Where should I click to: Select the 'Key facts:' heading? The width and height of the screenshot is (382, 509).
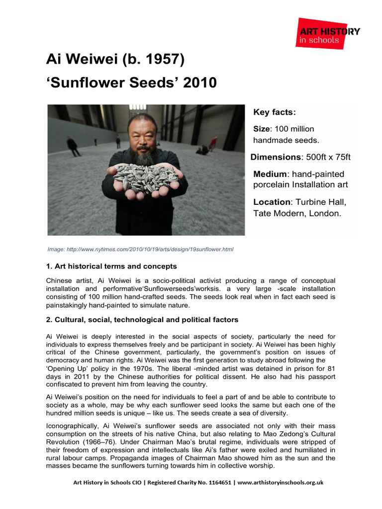(274, 112)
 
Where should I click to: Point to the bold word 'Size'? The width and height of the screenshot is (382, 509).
(262, 129)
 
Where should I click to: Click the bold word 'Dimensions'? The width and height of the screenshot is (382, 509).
(276, 157)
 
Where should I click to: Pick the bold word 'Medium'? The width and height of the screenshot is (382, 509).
(271, 174)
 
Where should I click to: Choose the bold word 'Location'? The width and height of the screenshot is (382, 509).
(272, 202)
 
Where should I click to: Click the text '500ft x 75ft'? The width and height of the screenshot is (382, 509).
(328, 157)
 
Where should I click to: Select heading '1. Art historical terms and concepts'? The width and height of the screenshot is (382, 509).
(111, 266)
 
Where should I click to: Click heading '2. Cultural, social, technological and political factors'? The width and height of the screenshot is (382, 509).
(142, 320)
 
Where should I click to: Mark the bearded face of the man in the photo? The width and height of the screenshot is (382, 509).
(142, 137)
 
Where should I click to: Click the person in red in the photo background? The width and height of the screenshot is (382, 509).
(213, 144)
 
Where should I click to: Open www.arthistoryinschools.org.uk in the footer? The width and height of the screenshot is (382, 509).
(282, 482)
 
